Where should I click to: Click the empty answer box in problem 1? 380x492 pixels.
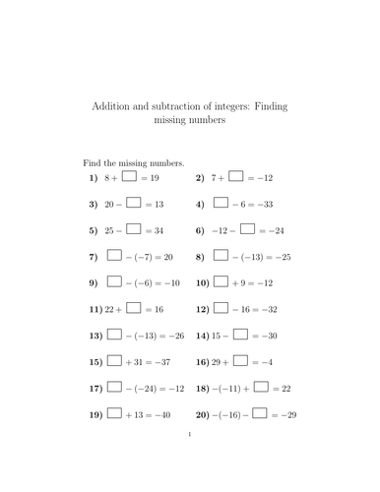129,177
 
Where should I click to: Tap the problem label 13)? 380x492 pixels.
95,336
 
